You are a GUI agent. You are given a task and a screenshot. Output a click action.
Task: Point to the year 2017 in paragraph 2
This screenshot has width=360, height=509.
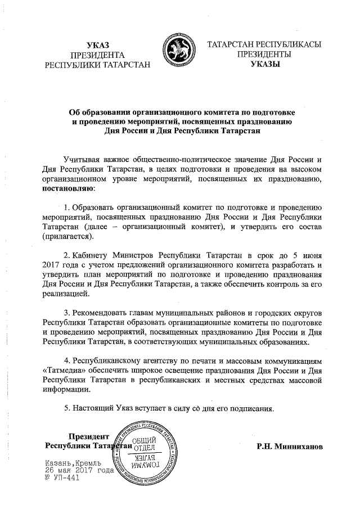point(52,264)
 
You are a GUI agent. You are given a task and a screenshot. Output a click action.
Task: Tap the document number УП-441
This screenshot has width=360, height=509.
point(62,478)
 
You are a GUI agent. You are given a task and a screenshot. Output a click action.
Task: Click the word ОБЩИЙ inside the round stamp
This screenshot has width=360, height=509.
point(147,442)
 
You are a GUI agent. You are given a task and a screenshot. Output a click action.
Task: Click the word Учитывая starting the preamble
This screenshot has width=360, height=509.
point(83,159)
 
